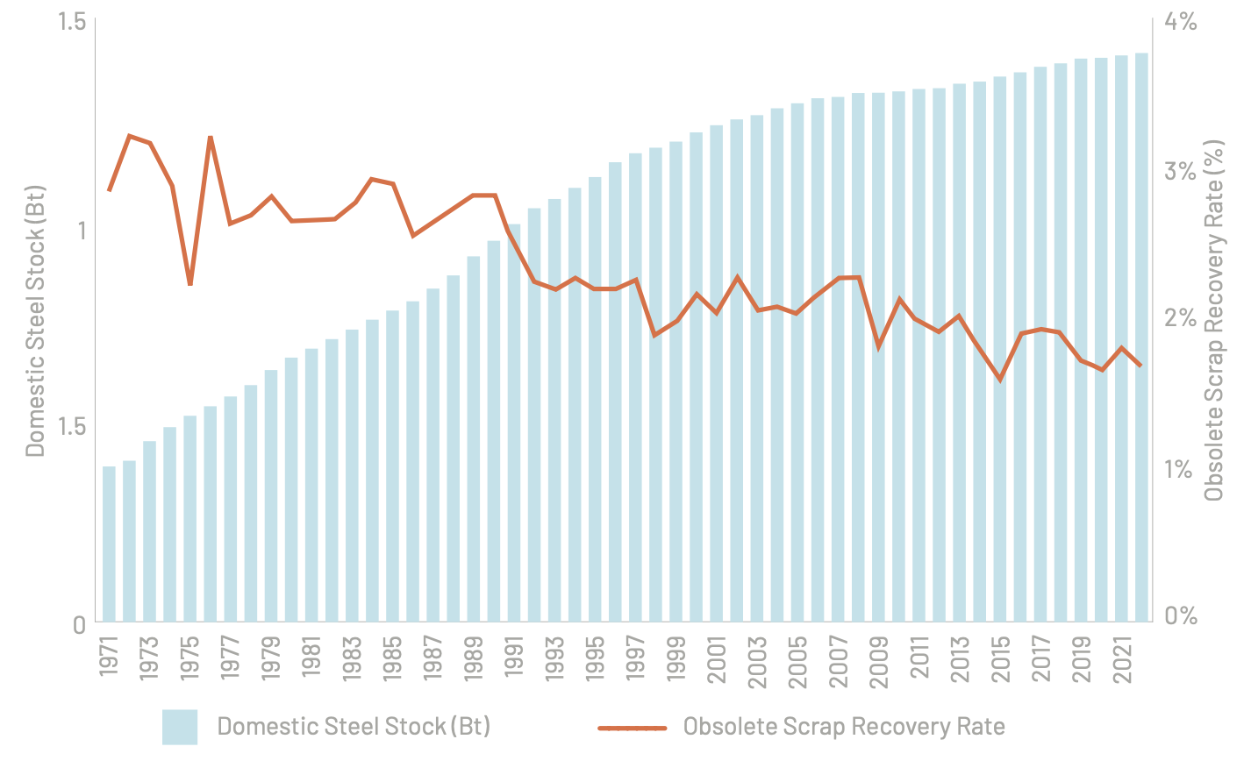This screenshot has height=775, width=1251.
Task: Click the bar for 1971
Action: click(x=109, y=544)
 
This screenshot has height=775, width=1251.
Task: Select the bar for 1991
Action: click(x=514, y=423)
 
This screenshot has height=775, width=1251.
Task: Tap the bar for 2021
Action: click(x=1121, y=338)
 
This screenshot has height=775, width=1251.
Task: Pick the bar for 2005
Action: click(x=797, y=363)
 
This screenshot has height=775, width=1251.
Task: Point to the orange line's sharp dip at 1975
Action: click(x=189, y=285)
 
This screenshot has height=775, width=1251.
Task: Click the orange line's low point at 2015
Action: click(x=1000, y=380)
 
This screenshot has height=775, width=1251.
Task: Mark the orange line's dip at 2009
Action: click(x=878, y=347)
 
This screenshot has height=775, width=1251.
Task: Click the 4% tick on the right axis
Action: click(x=1181, y=21)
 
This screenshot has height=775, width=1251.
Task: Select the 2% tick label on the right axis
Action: click(x=1181, y=318)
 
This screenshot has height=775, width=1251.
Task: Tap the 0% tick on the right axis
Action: click(x=1181, y=615)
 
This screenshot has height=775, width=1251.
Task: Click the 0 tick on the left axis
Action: click(x=80, y=625)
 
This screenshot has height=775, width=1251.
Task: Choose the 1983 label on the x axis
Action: click(x=353, y=658)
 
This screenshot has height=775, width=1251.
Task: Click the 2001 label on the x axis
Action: click(x=717, y=659)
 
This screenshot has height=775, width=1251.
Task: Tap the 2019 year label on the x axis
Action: click(x=1081, y=659)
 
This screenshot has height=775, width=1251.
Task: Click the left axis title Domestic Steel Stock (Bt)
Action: click(x=34, y=321)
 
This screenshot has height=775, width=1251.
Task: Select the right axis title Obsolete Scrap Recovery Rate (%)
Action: click(x=1214, y=320)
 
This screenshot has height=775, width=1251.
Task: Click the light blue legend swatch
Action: click(x=180, y=727)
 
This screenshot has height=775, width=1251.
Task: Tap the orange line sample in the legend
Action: click(x=633, y=729)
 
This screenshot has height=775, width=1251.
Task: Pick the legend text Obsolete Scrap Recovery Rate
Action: click(x=844, y=727)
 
